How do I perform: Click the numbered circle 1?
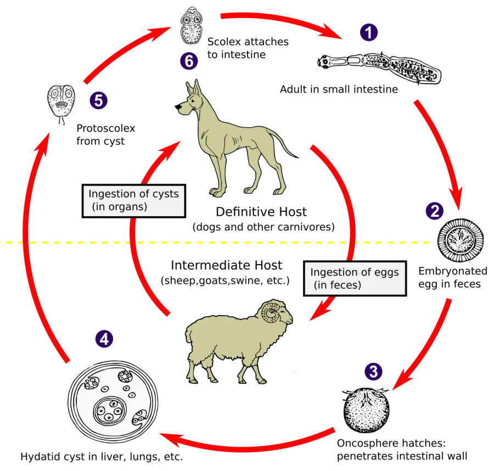(x=369, y=32)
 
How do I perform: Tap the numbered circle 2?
(x=435, y=211)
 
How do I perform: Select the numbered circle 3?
(x=373, y=371)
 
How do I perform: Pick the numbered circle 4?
(x=104, y=339)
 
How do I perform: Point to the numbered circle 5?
(x=99, y=100)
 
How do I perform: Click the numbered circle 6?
(x=189, y=61)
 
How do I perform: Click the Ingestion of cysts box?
(x=134, y=201)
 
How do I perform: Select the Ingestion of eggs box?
(x=355, y=278)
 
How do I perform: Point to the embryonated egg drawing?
(x=461, y=240)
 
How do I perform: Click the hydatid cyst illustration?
(x=113, y=402)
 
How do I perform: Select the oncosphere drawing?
(x=366, y=410)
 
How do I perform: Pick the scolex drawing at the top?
(x=192, y=26)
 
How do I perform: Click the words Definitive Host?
(x=261, y=212)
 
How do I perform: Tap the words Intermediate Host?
(x=227, y=265)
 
